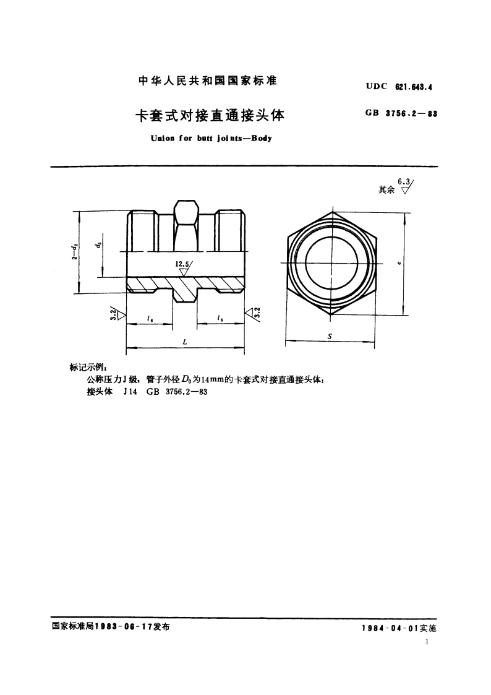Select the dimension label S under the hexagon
330,336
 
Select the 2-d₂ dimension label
74,253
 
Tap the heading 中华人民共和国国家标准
207,80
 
